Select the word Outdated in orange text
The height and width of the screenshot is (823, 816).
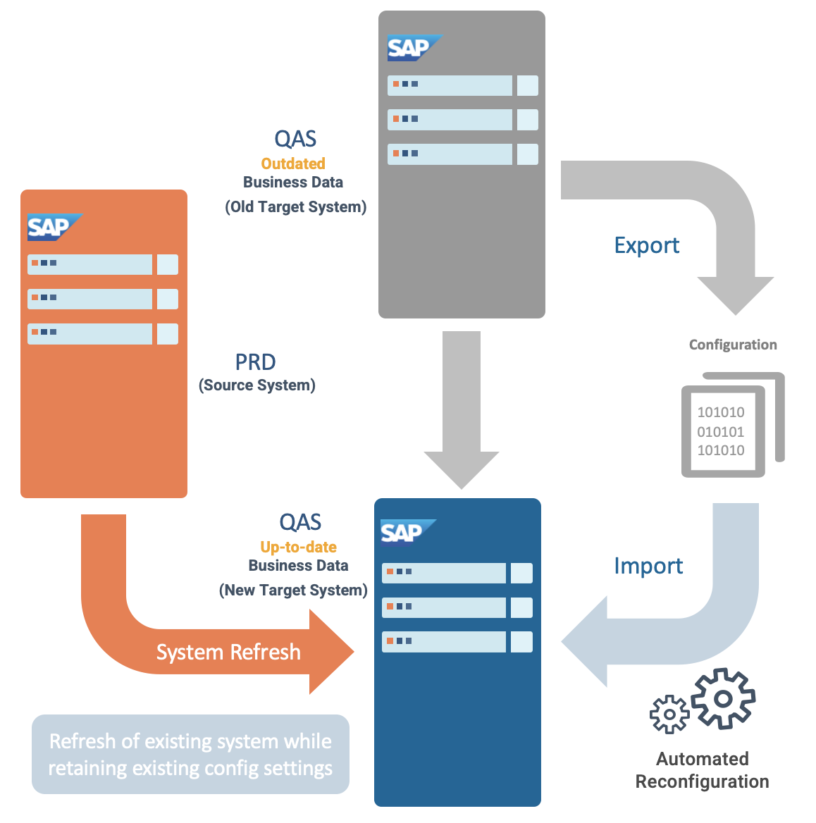pyautogui.click(x=293, y=163)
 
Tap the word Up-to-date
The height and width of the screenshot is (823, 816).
pyautogui.click(x=298, y=547)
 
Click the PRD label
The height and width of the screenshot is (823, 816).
pyautogui.click(x=255, y=362)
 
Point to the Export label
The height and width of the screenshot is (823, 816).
pyautogui.click(x=646, y=245)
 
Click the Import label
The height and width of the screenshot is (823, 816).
pyautogui.click(x=648, y=566)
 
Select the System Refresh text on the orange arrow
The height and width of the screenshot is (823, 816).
pyautogui.click(x=228, y=652)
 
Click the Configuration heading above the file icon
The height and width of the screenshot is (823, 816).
pyautogui.click(x=733, y=345)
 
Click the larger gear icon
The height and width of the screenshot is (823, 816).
pyautogui.click(x=723, y=698)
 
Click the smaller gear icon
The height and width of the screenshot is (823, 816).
pyautogui.click(x=669, y=714)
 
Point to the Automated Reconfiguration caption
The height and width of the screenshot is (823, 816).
pyautogui.click(x=702, y=770)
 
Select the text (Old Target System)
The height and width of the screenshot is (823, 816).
pyautogui.click(x=296, y=207)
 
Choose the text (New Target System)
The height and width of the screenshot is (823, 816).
pyautogui.click(x=293, y=590)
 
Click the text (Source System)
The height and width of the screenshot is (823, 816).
pyautogui.click(x=257, y=385)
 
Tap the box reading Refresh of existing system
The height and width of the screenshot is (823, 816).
pyautogui.click(x=190, y=754)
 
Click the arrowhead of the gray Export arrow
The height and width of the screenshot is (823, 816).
pyautogui.click(x=736, y=292)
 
